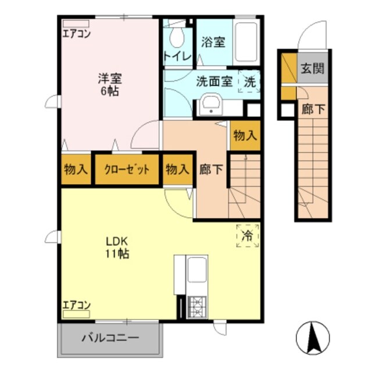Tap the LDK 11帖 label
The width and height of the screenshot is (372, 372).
[x=116, y=247]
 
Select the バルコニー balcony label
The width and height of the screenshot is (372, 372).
[x=110, y=337]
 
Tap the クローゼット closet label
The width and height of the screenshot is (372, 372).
[x=127, y=170]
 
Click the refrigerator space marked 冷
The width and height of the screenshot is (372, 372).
[x=247, y=236]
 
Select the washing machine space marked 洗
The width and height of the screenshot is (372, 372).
[x=249, y=82]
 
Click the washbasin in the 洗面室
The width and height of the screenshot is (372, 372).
[x=209, y=106]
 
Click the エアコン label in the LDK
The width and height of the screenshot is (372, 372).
[x=76, y=305]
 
